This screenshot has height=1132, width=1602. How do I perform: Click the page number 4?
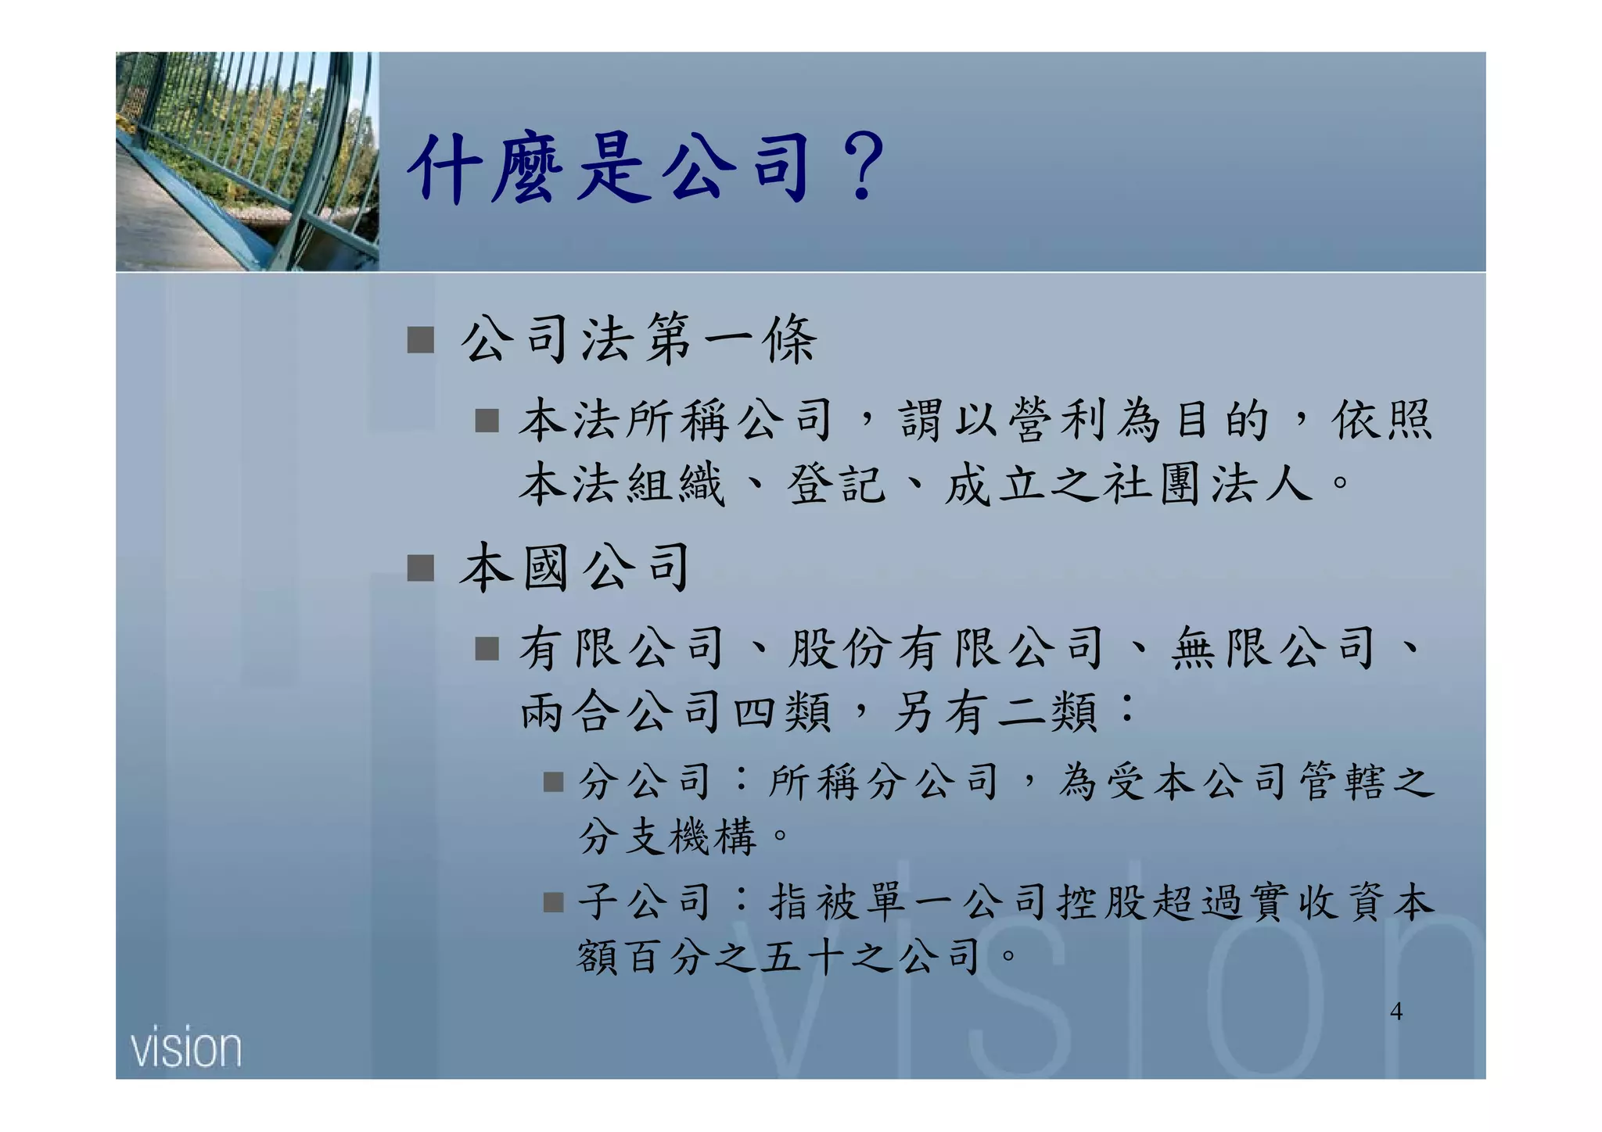coord(1396,1012)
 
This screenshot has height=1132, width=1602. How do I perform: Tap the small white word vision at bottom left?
coord(186,1048)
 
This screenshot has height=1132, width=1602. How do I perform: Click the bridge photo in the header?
coord(247,162)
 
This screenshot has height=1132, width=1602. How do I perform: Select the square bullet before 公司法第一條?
coord(421,340)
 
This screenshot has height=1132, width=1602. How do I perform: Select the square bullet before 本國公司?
coord(421,568)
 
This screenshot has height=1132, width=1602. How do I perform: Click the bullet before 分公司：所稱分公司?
coord(554,782)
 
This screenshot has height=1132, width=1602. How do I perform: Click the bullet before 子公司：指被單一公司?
coord(554,903)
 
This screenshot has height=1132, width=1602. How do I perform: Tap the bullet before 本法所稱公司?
coord(487,421)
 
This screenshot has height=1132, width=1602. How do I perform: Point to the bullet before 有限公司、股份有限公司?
coord(487,649)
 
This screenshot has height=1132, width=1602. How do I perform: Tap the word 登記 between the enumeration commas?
coord(836,484)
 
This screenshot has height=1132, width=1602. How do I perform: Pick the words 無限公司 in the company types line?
coord(1273,649)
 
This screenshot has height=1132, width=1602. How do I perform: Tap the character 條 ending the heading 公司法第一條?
coord(791,340)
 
